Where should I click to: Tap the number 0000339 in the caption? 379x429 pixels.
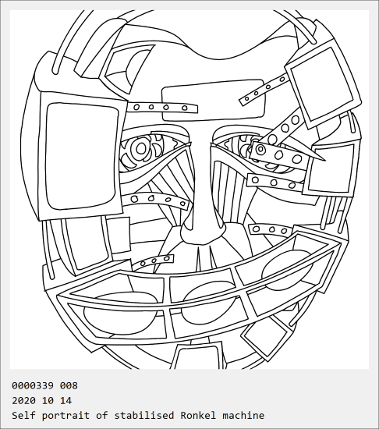pyautogui.click(x=33, y=385)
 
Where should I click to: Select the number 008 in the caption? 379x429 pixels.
pyautogui.click(x=69, y=385)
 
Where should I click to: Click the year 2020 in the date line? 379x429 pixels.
pyautogui.click(x=23, y=401)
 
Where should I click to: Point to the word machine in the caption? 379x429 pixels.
pyautogui.click(x=243, y=415)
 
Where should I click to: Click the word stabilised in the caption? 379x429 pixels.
pyautogui.click(x=144, y=415)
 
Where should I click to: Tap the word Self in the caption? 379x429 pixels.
pyautogui.click(x=23, y=415)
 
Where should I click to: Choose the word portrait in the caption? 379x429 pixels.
pyautogui.click(x=66, y=416)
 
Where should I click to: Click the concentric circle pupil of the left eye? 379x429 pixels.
pyautogui.click(x=141, y=148)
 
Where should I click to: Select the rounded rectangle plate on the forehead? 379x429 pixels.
pyautogui.click(x=213, y=101)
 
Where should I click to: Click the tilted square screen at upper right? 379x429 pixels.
pyautogui.click(x=322, y=84)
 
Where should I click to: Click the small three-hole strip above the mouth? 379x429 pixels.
pyautogui.click(x=153, y=261)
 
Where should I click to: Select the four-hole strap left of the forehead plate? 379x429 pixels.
pyautogui.click(x=162, y=108)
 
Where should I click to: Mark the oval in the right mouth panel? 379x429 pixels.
pyautogui.click(x=287, y=271)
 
